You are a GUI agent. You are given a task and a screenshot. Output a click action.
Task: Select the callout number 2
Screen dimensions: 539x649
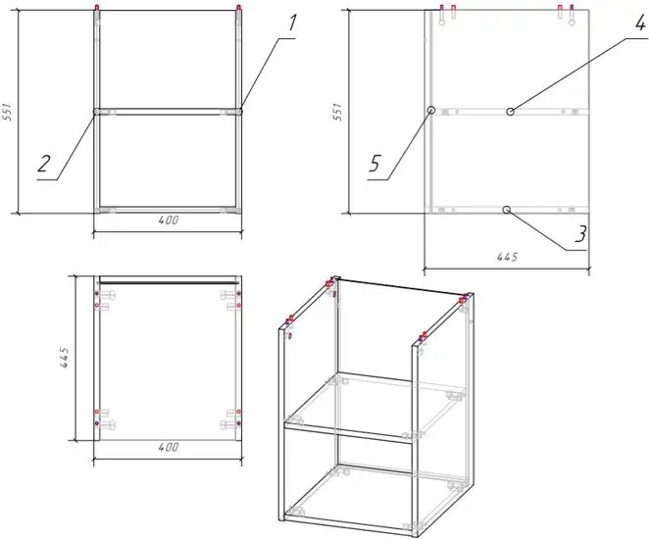click(44, 164)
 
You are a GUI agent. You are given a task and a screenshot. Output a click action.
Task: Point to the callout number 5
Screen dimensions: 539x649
click(374, 164)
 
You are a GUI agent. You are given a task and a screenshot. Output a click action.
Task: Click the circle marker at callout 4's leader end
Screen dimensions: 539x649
click(511, 112)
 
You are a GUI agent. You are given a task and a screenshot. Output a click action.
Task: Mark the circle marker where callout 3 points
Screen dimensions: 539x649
click(506, 209)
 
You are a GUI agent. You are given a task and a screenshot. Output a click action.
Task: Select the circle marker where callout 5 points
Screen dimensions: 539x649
click(430, 112)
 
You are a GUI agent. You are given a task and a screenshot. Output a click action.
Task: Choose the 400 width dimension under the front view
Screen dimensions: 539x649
click(168, 221)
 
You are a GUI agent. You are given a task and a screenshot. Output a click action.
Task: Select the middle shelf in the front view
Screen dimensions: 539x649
click(168, 112)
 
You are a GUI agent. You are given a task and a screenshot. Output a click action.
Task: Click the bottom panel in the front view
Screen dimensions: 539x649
click(168, 209)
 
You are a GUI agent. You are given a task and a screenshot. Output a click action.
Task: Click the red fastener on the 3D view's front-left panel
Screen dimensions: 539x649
click(290, 320)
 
